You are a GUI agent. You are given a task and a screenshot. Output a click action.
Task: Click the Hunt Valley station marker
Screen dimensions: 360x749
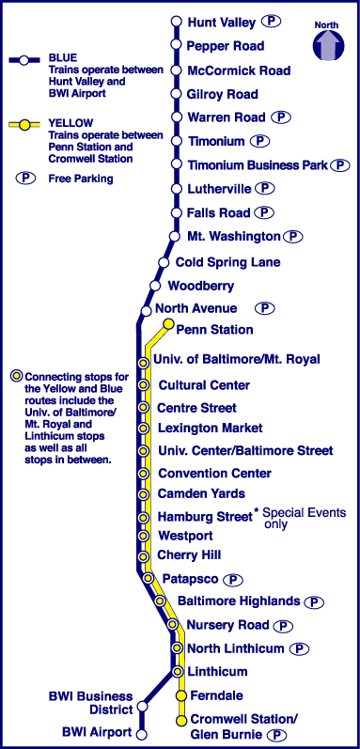tap(176, 22)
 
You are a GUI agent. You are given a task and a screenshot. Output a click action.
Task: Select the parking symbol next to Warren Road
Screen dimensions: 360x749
tap(281, 117)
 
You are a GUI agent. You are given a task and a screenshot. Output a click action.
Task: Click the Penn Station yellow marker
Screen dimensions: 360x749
tap(168, 324)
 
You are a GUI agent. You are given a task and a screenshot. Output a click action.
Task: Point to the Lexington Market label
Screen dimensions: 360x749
tap(211, 428)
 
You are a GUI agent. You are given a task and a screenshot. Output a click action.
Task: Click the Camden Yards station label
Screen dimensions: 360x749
tap(201, 493)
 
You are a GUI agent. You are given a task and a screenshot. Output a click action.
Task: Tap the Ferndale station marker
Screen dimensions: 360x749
tap(181, 695)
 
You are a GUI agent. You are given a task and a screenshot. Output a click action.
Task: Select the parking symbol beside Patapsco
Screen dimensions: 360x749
tap(233, 580)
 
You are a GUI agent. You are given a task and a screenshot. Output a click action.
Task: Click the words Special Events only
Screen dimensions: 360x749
tap(305, 518)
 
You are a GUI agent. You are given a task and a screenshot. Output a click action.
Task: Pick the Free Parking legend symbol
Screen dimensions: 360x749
tap(25, 179)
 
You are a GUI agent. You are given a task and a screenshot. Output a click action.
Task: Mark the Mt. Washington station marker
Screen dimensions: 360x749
tap(174, 236)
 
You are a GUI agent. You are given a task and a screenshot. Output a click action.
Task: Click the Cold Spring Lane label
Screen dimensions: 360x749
tap(228, 262)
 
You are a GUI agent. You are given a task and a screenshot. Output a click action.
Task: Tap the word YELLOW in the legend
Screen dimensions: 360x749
tap(65, 124)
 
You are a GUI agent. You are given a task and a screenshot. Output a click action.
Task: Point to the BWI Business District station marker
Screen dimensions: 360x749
tap(142, 706)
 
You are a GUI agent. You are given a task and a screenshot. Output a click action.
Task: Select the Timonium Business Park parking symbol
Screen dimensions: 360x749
tap(340, 165)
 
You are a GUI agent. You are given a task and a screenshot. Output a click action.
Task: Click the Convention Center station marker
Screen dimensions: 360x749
tap(143, 474)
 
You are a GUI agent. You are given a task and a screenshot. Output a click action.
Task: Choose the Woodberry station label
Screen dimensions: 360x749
tap(201, 286)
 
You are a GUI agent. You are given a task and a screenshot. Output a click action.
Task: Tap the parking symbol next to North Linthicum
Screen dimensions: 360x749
tap(299, 648)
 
